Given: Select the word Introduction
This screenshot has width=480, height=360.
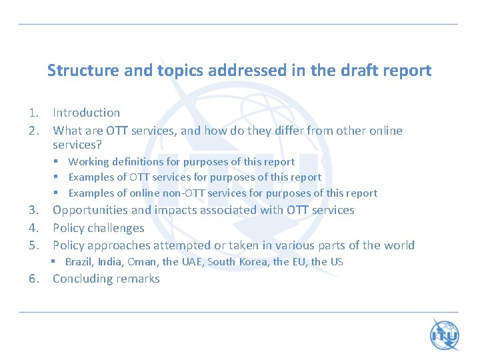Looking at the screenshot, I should tap(86, 113).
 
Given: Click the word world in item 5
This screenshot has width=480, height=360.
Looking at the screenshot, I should tap(399, 245).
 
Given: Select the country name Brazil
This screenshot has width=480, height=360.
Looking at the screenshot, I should tap(79, 262).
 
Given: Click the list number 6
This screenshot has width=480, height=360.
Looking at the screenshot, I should tap(33, 279).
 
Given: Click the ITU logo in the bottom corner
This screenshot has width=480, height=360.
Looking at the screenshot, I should tap(445, 334).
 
